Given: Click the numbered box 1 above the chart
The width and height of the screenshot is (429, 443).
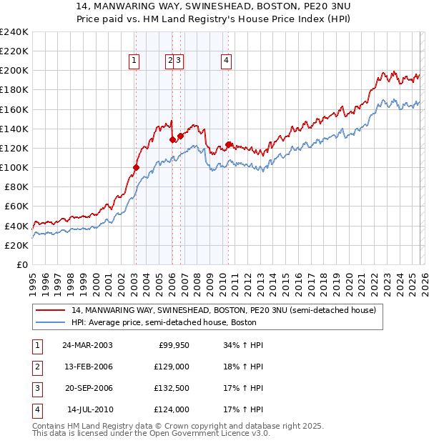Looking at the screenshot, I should [x=134, y=61].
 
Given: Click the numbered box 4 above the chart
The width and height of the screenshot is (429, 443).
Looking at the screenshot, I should [x=226, y=61].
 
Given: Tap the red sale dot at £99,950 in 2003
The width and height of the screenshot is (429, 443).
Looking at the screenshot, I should [x=136, y=168].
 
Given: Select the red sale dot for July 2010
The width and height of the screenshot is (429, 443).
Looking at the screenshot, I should [x=228, y=144].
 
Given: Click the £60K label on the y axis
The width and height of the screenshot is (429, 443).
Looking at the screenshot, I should [x=16, y=206].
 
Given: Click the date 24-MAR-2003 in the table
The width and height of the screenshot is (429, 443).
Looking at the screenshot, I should [x=87, y=345].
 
